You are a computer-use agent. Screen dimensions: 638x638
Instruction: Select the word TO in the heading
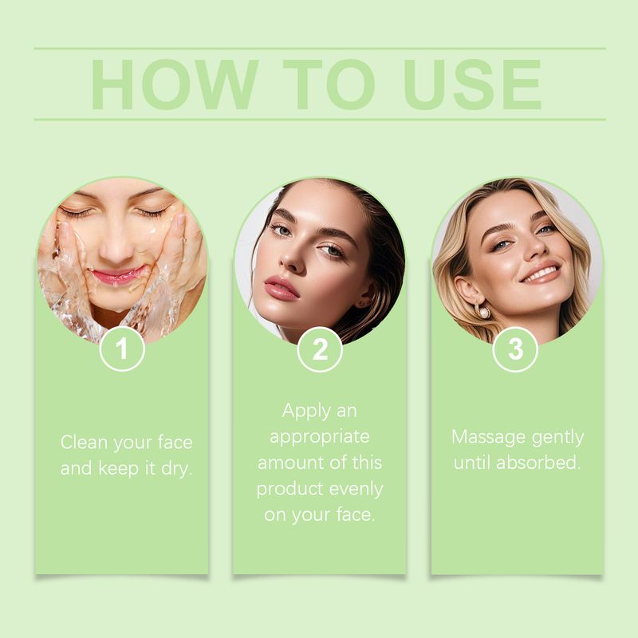[330, 85]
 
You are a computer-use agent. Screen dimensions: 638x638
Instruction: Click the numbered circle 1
[122, 349]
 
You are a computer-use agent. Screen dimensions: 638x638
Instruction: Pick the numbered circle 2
[320, 349]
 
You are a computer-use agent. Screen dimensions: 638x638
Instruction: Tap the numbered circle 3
[516, 349]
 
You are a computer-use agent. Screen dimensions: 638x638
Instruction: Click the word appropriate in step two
[320, 437]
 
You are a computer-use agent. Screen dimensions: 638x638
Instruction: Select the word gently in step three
[557, 437]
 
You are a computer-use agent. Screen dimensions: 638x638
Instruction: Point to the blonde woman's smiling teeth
[542, 274]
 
